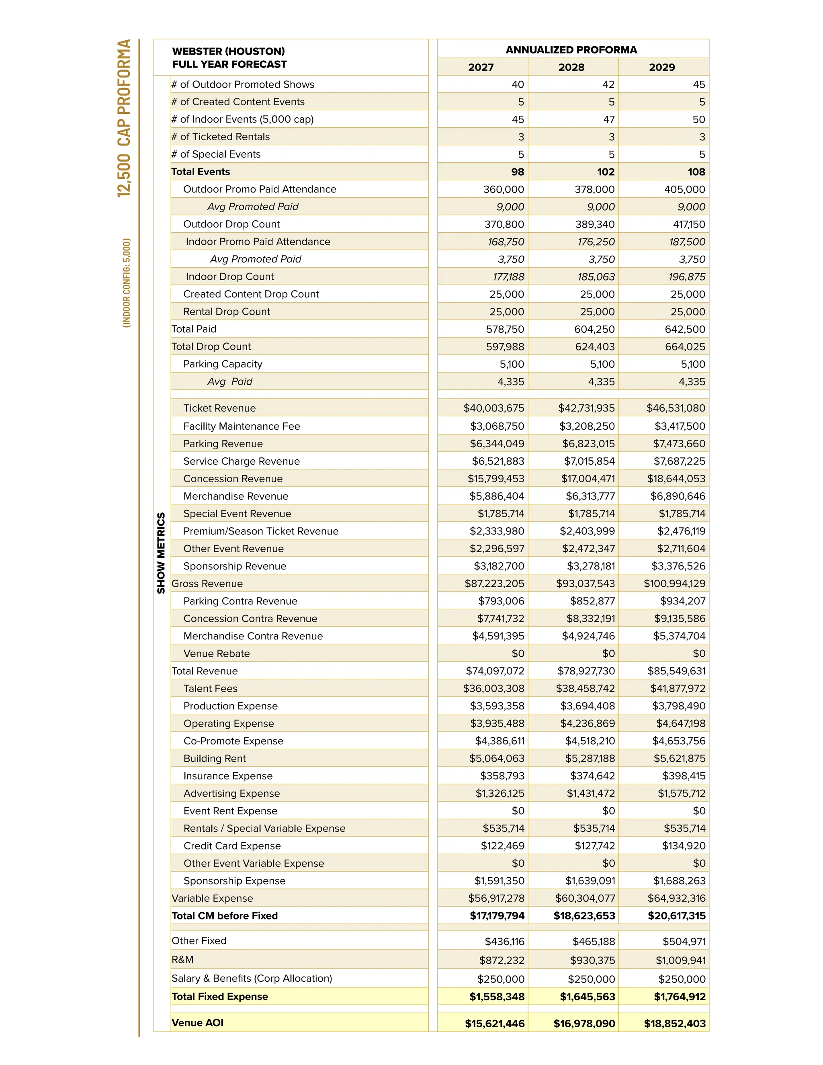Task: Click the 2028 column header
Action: pos(571,67)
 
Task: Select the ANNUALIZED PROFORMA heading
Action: pos(571,50)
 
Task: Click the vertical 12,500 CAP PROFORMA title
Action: pos(124,118)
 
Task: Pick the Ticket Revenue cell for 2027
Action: pos(493,408)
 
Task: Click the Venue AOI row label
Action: pos(197,1022)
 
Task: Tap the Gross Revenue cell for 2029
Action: pos(674,584)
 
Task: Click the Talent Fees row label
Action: pos(210,688)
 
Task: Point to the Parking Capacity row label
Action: pos(222,364)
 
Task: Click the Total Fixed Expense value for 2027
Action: pos(497,997)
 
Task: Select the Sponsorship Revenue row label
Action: pos(235,566)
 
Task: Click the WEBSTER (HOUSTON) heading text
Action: pos(228,51)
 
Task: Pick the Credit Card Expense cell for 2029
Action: pos(684,846)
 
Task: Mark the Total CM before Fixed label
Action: pos(224,916)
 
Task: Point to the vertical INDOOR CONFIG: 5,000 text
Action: pos(126,283)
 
